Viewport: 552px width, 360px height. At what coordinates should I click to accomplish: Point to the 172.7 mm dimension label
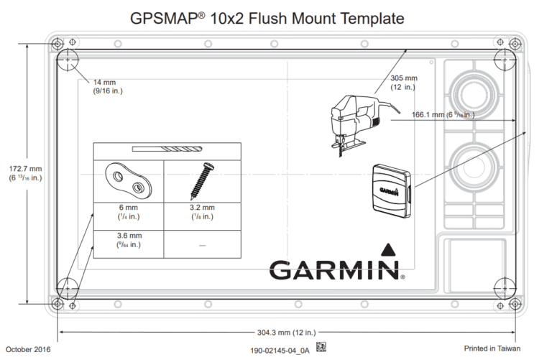point(25,173)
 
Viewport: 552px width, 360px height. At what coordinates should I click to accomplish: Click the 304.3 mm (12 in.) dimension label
point(286,333)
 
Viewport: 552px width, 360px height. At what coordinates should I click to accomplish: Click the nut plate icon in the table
point(129,180)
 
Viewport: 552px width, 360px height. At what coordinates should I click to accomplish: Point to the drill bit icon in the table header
point(167,150)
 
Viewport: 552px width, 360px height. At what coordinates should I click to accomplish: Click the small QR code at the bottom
point(321,349)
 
